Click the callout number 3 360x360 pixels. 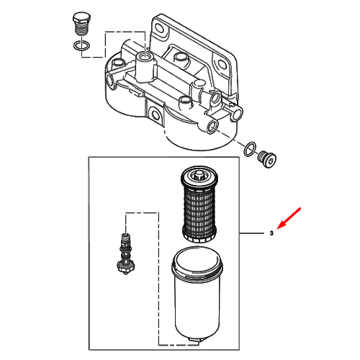click(271, 233)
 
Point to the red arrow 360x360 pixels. click(289, 218)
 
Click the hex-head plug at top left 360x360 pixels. click(81, 24)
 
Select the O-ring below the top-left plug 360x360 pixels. click(81, 46)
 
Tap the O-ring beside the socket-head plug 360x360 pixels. click(250, 149)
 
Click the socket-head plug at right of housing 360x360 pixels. click(266, 159)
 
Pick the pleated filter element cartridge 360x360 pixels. click(199, 204)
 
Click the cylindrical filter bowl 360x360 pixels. click(197, 294)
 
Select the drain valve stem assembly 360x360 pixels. click(125, 253)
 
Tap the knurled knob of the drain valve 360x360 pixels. click(126, 268)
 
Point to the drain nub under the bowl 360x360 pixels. click(197, 341)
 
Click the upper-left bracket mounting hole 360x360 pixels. click(161, 30)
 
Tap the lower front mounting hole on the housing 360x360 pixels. click(154, 115)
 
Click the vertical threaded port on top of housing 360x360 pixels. click(145, 57)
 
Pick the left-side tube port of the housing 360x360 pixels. click(110, 80)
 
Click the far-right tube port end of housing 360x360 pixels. click(237, 113)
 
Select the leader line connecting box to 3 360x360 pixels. click(252, 233)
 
